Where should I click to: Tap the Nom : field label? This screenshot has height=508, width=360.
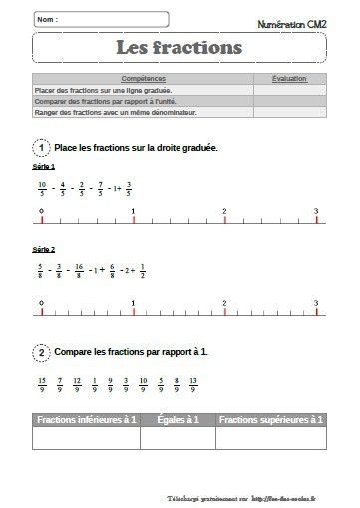[x=46, y=19]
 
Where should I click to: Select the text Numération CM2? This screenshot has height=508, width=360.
[x=292, y=22]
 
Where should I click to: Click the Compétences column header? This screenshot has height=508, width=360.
[x=143, y=78]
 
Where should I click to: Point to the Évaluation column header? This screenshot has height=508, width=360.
[x=289, y=78]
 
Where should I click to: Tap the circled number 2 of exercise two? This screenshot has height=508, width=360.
[x=41, y=351]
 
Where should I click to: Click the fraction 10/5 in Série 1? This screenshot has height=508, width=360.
[x=42, y=187]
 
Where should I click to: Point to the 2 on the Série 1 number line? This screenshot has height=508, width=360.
[x=223, y=211]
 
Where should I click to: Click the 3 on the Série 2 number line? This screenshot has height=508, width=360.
[x=315, y=302]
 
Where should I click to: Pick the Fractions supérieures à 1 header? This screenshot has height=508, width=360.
[x=270, y=421]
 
